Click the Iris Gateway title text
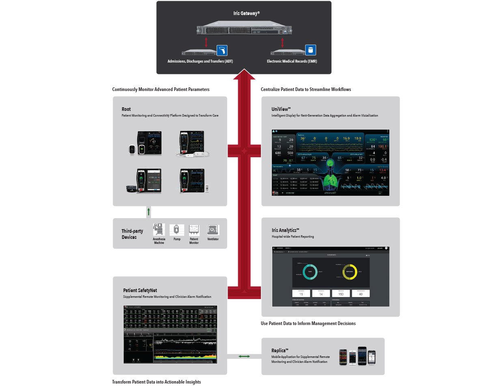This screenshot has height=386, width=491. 244,13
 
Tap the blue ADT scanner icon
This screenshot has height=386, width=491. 222,50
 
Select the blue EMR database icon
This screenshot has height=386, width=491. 310,50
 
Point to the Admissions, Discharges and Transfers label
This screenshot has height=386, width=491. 200,61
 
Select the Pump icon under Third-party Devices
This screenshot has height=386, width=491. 177,230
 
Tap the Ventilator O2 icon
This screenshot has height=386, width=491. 213,230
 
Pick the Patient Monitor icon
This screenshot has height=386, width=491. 194,230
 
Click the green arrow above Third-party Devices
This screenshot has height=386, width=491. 149,212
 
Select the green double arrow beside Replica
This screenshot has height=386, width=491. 244,356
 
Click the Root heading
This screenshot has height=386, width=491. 126,109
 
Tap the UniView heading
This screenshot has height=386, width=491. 281,109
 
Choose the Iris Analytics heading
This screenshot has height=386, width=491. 285,230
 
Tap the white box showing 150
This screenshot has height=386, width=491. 340,293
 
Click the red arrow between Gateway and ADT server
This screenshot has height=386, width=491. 207,42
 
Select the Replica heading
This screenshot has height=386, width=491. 280,350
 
